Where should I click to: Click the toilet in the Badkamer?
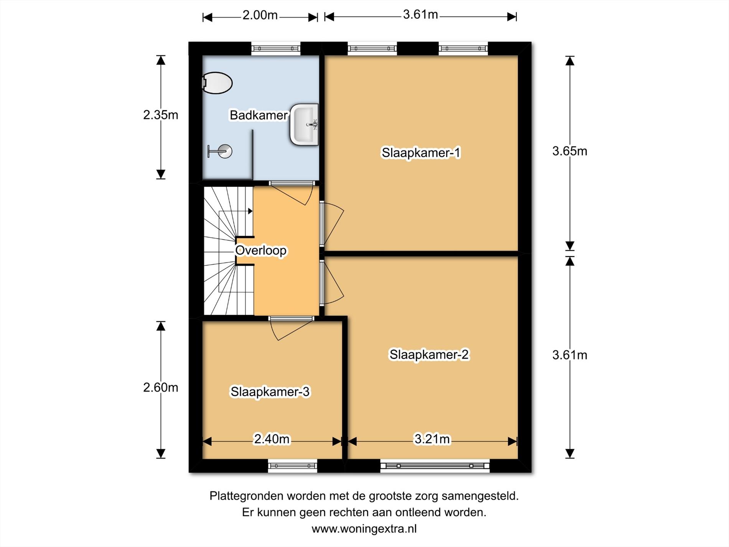[x=217, y=83]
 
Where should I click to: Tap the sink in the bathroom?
[x=304, y=124]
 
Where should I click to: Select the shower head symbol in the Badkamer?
[x=220, y=151]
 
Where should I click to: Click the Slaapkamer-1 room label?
[x=421, y=153]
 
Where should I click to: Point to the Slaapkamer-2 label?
[x=429, y=354]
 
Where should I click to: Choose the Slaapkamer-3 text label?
[x=270, y=392]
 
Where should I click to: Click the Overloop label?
[x=261, y=250]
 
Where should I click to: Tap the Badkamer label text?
[x=259, y=115]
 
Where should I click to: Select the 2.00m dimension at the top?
[x=260, y=15]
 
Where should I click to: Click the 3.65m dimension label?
[x=570, y=151]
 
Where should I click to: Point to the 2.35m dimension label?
[x=161, y=115]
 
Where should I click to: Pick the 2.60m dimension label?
[x=161, y=388]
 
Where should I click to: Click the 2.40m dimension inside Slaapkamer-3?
[x=272, y=439]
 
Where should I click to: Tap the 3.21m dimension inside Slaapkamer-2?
[x=432, y=439]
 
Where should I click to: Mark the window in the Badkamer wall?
[x=276, y=48]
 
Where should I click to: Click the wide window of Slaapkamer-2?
[x=435, y=466]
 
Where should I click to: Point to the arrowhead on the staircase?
[x=250, y=211]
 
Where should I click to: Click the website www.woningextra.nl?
[x=364, y=529]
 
